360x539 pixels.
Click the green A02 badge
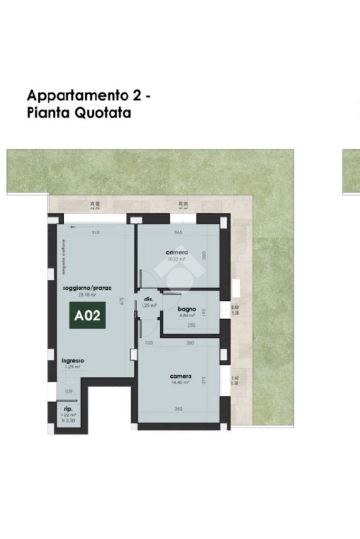pos(87,316)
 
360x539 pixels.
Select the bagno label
pos(187,309)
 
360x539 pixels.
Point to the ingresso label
pos(73,360)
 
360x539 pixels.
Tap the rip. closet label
pos(69,409)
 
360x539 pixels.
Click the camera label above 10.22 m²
pos(177,252)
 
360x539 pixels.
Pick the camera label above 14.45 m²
pos(180,376)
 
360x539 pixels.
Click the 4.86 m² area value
pos(187,315)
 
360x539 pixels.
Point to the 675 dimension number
pos(122,301)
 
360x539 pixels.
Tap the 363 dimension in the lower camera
pos(178,408)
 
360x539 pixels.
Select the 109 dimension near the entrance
pos(68,391)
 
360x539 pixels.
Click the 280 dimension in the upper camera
pos(204,256)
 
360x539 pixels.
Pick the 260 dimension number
pos(190,343)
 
